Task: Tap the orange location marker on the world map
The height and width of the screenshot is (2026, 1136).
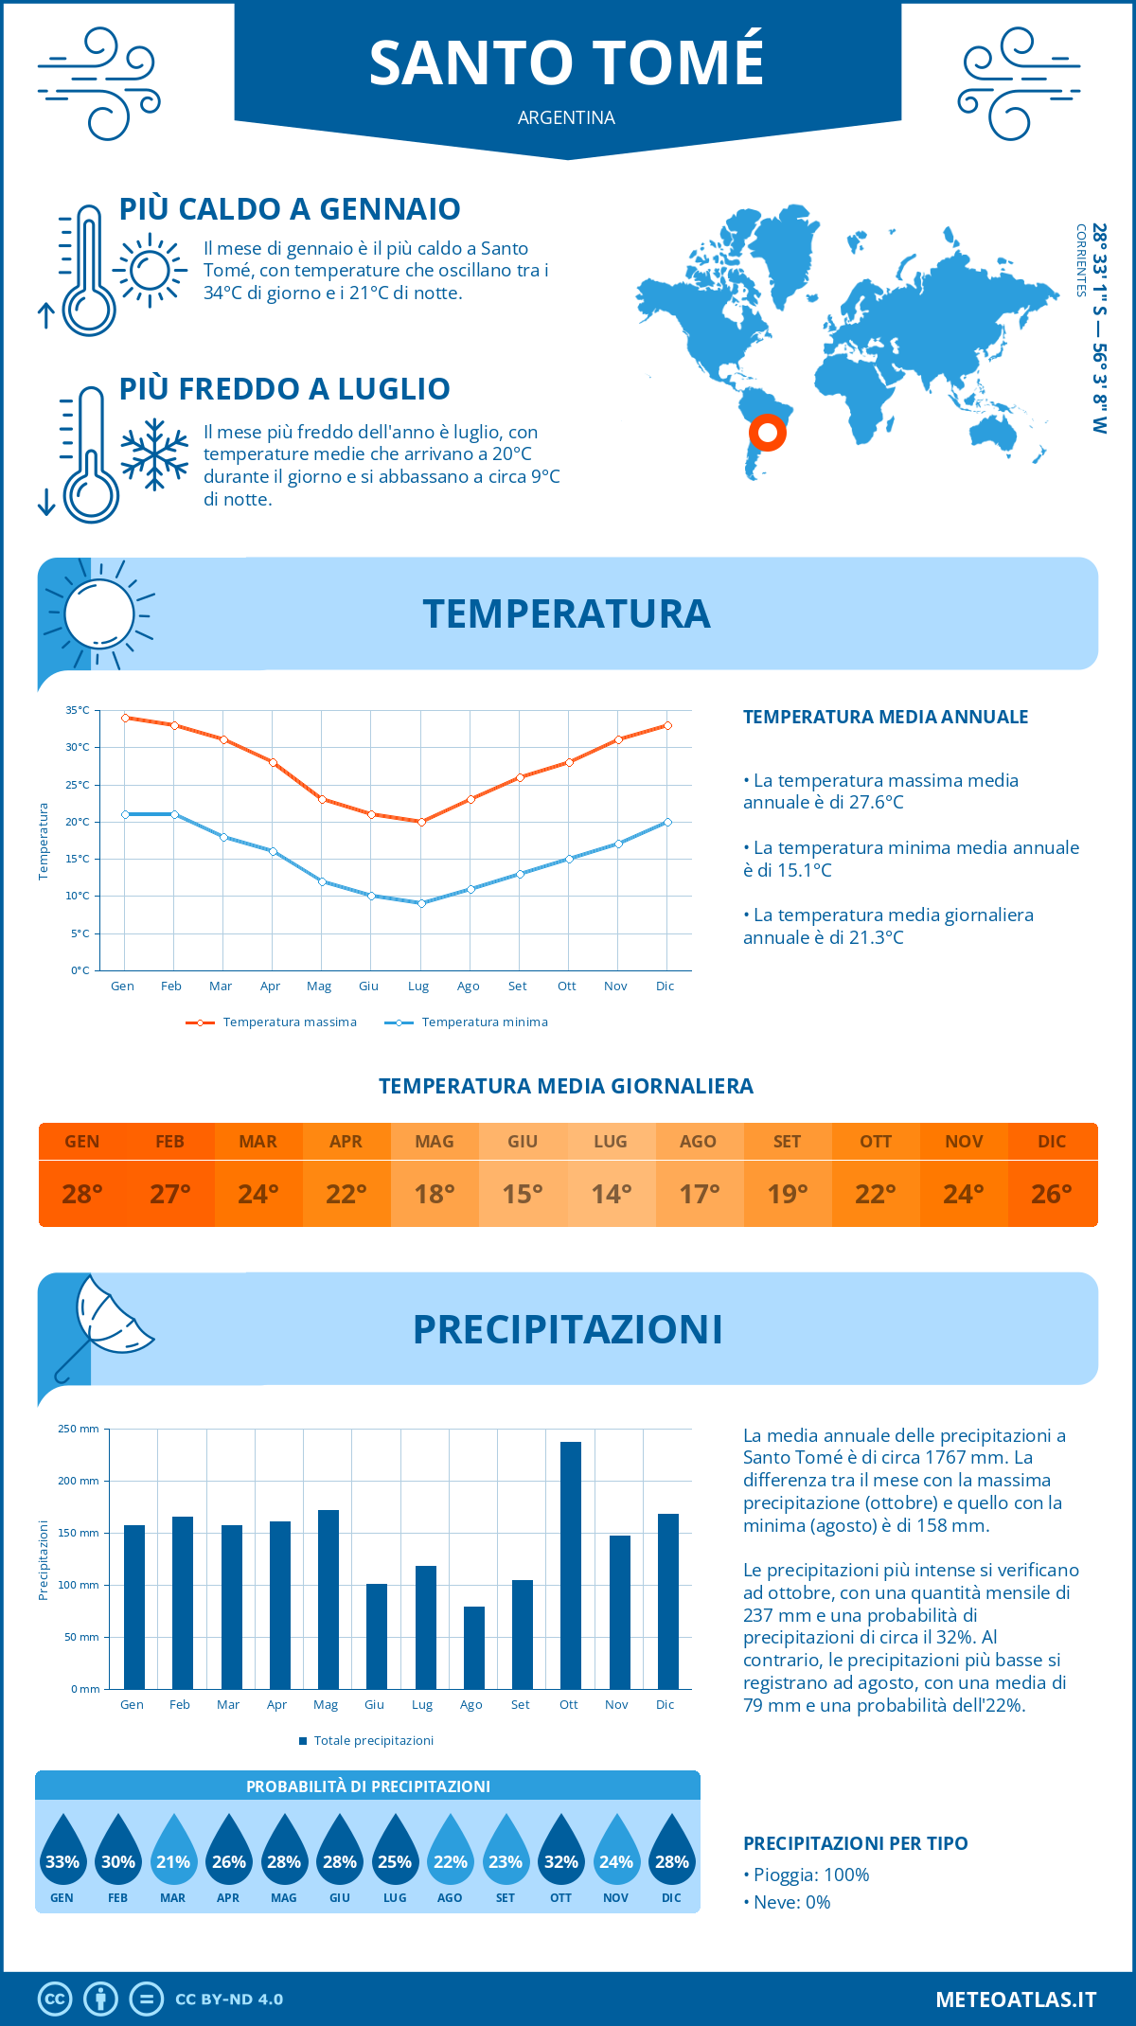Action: tap(768, 433)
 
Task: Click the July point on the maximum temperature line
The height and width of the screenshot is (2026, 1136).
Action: tap(421, 822)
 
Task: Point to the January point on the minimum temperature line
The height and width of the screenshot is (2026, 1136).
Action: tap(125, 814)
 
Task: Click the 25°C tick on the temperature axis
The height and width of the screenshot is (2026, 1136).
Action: tap(78, 785)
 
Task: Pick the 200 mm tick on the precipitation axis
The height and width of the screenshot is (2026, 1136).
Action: tap(79, 1481)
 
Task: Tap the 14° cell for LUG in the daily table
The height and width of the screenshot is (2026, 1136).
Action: tap(611, 1194)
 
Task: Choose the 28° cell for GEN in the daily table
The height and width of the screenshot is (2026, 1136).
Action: tap(82, 1194)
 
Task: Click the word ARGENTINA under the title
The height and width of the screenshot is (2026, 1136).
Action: tap(566, 118)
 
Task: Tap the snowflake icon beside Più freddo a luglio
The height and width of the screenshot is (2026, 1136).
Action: tap(154, 454)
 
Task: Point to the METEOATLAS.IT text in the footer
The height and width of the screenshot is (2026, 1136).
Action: tap(1016, 1999)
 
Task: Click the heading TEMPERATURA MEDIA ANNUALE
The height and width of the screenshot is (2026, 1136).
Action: tap(885, 717)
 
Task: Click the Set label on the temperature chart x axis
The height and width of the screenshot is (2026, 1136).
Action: tap(517, 986)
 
